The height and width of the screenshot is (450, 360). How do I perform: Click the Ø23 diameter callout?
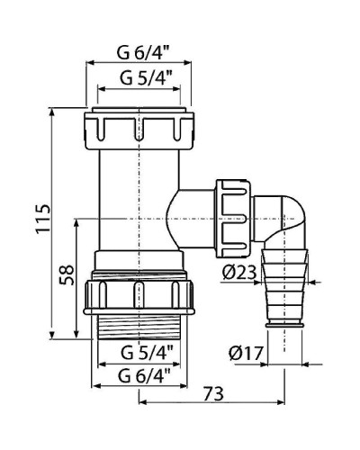pos(237,270)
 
